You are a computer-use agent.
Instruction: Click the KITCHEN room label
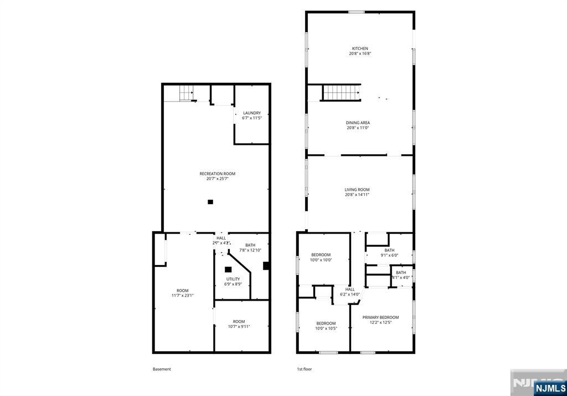point(359,49)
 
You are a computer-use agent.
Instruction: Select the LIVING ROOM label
point(357,190)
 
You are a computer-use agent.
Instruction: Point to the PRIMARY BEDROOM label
point(380,317)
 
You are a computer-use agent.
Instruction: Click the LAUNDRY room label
point(251,113)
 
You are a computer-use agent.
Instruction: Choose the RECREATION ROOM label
point(217,174)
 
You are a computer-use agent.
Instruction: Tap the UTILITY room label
point(233,279)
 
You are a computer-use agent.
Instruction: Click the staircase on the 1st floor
point(341,93)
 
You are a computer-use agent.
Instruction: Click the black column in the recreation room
point(210,202)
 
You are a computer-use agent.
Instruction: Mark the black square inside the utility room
point(228,270)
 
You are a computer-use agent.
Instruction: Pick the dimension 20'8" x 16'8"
point(359,54)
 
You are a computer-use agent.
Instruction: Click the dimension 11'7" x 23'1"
point(183,296)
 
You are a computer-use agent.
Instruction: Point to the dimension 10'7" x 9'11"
point(239,326)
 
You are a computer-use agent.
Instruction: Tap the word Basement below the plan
point(162,369)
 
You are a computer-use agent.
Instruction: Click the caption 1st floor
point(305,369)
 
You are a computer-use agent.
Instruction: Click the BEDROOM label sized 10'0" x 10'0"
point(321,255)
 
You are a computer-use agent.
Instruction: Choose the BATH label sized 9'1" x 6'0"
point(389,250)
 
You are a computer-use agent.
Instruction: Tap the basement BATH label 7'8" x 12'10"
point(250,245)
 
